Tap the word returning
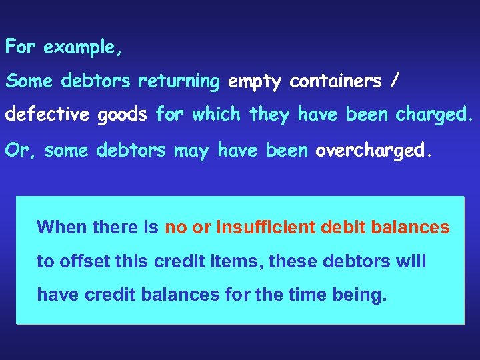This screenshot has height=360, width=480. pos(179,81)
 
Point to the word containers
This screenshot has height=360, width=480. pos(336,81)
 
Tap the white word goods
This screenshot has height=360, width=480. pos(122,115)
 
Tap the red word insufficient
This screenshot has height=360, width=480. pos(265,227)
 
